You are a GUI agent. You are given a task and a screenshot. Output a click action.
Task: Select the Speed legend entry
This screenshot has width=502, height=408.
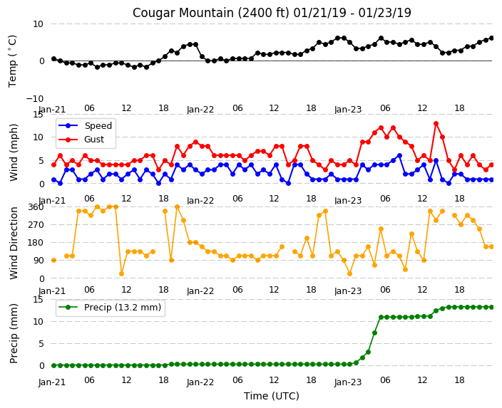(86, 125)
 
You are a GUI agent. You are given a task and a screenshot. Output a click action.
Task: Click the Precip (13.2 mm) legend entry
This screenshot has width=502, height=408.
(110, 308)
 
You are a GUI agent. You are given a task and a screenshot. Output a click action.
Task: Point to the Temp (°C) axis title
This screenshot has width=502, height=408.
(13, 61)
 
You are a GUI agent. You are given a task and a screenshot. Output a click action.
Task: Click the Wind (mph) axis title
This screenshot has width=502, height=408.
(14, 152)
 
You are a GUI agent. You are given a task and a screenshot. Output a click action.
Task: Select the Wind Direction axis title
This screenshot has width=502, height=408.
(14, 243)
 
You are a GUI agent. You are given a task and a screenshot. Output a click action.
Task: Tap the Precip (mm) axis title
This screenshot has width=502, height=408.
(14, 333)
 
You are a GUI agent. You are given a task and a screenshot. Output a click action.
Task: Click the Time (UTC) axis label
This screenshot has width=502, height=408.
(272, 396)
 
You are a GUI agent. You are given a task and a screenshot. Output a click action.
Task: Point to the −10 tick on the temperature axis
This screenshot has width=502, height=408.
(35, 98)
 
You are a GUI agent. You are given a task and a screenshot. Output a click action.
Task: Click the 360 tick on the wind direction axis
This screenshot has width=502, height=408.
(36, 207)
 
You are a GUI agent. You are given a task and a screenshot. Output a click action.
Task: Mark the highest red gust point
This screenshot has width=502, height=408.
(436, 123)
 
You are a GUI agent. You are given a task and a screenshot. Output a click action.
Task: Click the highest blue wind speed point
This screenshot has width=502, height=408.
(399, 156)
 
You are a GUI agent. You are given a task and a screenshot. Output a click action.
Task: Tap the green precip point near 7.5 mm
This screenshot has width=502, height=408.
(374, 333)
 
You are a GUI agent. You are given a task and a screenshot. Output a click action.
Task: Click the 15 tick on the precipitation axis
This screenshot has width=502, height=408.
(39, 300)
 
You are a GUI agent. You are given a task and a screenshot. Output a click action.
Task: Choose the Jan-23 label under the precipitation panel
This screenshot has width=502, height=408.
(348, 382)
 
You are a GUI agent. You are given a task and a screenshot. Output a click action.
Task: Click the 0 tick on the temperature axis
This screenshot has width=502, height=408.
(41, 61)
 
